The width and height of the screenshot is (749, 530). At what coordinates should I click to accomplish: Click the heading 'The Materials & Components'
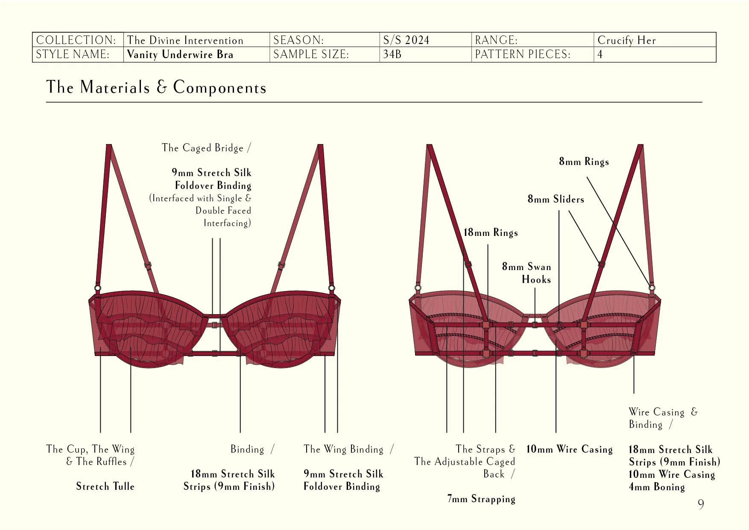[x=156, y=87]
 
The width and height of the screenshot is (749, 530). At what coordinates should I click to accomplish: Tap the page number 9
[x=701, y=504]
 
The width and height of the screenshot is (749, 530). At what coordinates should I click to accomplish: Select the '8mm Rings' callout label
[x=584, y=162]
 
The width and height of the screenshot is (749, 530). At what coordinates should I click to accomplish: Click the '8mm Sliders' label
[x=556, y=199]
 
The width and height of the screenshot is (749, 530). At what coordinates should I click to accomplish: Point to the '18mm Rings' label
[x=491, y=233]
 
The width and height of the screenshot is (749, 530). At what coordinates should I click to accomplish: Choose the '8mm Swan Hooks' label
[x=527, y=273]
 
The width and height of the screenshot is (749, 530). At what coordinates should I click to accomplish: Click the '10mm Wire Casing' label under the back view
[x=569, y=449]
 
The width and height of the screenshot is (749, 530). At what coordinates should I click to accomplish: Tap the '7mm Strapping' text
[x=481, y=499]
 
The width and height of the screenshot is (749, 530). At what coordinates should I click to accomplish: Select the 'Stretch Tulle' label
[x=105, y=486]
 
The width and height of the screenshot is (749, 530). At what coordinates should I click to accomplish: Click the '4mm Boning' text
[x=657, y=487]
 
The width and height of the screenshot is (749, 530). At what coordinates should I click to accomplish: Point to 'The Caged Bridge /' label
[x=206, y=148]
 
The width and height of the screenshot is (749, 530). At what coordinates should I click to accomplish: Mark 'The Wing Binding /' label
[x=348, y=449]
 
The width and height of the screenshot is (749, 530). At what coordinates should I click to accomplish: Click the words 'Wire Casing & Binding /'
[x=662, y=418]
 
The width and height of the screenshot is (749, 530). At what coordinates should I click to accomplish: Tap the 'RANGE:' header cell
[x=496, y=40]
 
